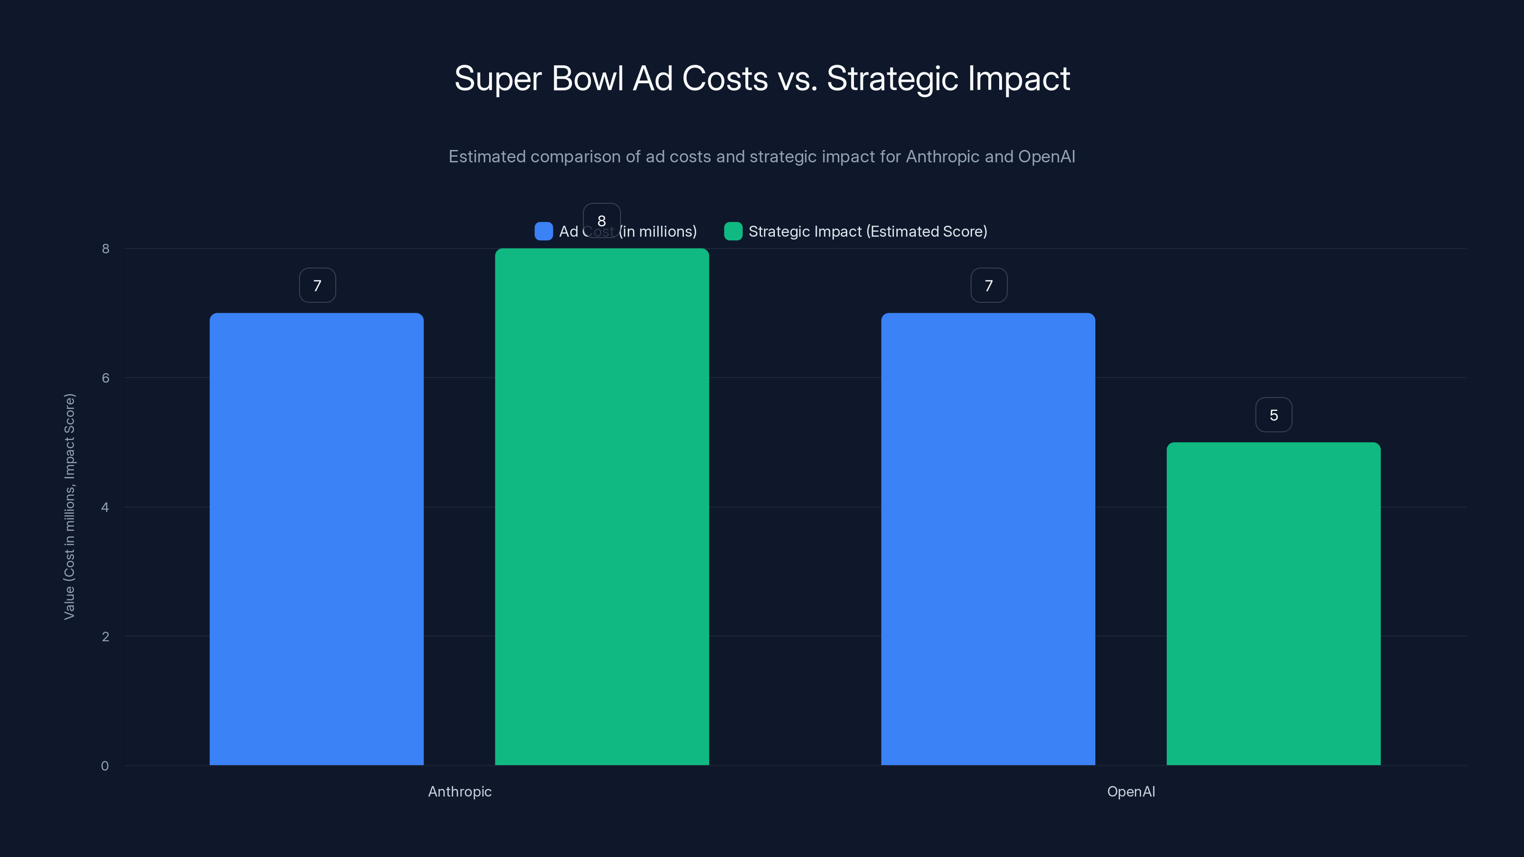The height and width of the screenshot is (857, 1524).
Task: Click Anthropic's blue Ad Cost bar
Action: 317,538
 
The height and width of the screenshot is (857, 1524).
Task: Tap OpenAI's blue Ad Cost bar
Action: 988,538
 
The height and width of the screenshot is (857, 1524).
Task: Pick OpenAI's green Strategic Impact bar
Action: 1273,603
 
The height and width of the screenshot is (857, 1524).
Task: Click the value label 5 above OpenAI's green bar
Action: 1274,415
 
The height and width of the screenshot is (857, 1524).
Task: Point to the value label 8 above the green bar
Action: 602,220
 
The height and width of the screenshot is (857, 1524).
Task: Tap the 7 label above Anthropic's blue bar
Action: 317,286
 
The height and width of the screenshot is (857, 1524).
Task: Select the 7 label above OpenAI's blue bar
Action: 989,286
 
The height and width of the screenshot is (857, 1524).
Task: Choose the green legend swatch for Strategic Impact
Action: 733,231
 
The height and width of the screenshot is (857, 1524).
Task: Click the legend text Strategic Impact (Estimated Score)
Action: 867,231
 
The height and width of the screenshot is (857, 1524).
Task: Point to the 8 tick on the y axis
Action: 105,249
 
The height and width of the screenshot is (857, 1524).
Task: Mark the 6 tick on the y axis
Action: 105,378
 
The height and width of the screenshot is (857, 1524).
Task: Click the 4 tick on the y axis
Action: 105,507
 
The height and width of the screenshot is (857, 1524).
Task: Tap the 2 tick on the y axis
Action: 105,637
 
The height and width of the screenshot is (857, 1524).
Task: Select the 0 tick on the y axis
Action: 105,766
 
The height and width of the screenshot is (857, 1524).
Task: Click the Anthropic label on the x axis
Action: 460,791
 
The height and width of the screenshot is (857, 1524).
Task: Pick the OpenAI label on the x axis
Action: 1131,791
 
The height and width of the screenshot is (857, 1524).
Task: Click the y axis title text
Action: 69,506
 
